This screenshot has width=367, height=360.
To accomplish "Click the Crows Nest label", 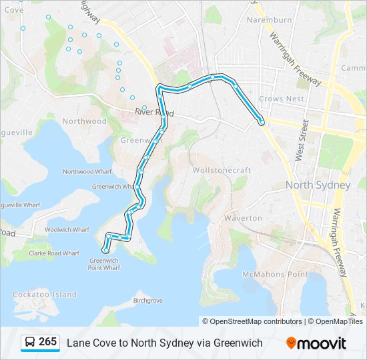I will (282, 99).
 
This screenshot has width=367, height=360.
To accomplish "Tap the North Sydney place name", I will (318, 185).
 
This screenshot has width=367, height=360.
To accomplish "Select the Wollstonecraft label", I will (222, 170).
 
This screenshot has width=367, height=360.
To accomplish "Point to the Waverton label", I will (243, 218).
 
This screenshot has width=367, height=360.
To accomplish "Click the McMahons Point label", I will (275, 274).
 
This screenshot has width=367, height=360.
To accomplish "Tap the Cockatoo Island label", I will (45, 294).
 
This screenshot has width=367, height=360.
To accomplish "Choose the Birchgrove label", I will (147, 301).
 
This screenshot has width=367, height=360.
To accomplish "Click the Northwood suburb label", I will (84, 121).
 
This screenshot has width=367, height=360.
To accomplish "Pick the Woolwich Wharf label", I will (67, 229).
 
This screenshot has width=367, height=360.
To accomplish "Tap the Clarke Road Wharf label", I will (55, 253).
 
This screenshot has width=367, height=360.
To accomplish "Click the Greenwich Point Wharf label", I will (104, 264).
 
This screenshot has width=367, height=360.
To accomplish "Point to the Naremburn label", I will (270, 20).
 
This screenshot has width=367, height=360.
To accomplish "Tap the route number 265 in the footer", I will (47, 342).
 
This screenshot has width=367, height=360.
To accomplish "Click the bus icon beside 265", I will (30, 343).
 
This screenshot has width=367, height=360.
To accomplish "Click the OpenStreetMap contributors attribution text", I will (252, 321).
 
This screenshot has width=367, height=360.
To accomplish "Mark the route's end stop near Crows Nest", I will (262, 123).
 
